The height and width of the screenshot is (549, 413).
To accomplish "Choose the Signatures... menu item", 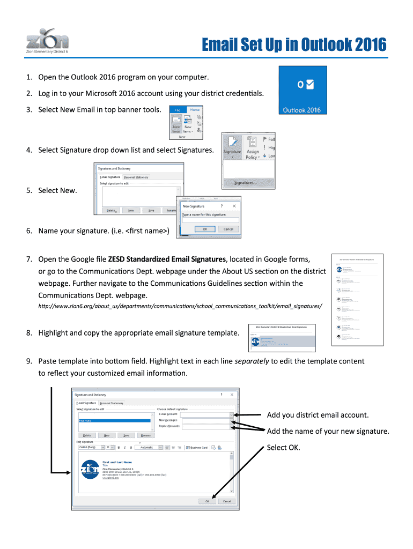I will (x=245, y=183).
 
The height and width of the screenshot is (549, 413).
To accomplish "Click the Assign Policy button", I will (x=252, y=154).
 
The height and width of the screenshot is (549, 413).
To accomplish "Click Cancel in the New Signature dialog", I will (x=228, y=229).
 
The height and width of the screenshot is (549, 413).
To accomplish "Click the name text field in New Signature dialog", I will (x=210, y=220).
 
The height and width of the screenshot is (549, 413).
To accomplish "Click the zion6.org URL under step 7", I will (x=180, y=306).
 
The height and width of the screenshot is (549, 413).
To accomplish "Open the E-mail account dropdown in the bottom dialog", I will (x=231, y=414).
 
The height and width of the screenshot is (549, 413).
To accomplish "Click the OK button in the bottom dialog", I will (x=207, y=501).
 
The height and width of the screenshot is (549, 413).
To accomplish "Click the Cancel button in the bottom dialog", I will (x=226, y=501).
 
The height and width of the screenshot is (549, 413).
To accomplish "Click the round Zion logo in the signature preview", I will (x=88, y=470).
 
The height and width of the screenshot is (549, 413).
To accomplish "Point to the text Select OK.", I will (x=283, y=448).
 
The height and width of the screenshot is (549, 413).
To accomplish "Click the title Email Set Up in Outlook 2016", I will (x=294, y=45).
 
